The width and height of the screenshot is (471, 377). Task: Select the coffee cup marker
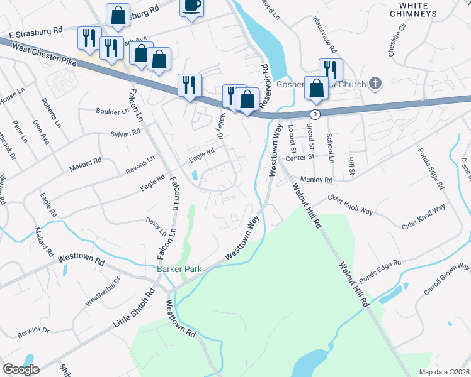192,6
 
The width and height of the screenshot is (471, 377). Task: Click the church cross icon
375,83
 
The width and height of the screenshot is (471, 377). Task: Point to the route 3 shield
314,114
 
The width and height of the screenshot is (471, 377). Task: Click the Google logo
21,369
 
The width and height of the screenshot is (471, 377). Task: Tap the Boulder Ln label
112,111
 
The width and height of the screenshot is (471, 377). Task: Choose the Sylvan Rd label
125,133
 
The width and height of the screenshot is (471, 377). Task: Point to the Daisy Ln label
159,226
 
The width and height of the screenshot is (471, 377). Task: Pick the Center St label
300,158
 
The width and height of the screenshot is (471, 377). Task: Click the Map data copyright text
445,371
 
